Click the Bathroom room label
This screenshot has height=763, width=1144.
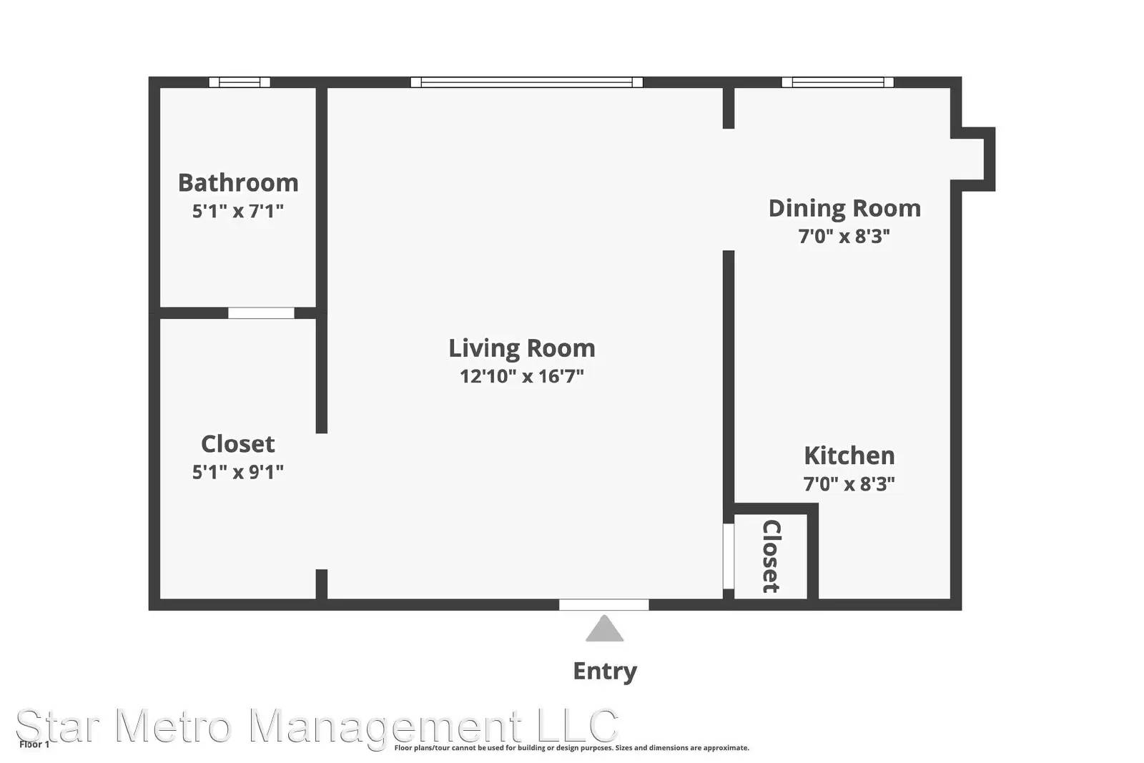click(238, 183)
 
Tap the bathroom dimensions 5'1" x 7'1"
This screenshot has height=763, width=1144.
click(238, 211)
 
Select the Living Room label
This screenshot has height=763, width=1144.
click(522, 348)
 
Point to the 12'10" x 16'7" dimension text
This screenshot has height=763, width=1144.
click(522, 376)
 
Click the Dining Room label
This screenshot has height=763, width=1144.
click(844, 209)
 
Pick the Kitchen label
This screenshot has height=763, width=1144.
click(849, 456)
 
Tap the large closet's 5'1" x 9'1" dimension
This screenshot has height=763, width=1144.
click(238, 472)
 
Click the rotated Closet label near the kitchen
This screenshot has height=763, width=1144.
click(771, 556)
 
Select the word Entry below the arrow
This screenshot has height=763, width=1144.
click(605, 671)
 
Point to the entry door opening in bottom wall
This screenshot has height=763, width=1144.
click(604, 605)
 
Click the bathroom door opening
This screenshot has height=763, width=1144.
click(261, 312)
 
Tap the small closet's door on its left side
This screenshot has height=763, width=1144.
click(729, 556)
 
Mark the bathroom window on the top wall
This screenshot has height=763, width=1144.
click(240, 82)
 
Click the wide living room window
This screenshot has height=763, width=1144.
click(526, 82)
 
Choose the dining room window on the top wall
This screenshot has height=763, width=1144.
click(838, 82)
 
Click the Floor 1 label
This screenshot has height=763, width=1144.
click(34, 744)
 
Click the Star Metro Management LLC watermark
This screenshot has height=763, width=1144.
click(317, 726)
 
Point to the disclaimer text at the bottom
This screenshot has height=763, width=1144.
click(571, 748)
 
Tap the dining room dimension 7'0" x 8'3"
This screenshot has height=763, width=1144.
click(844, 237)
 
